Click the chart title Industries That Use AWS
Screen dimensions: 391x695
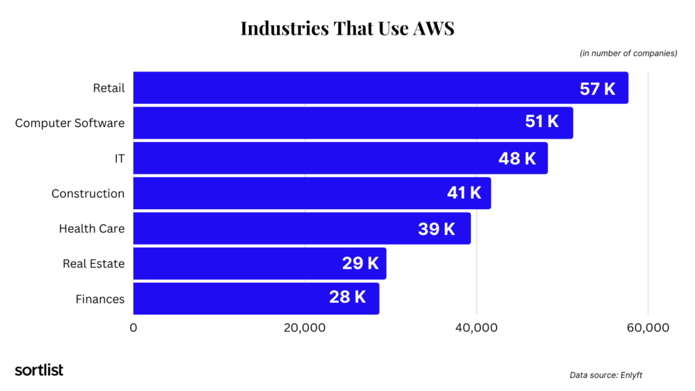[x=347, y=28]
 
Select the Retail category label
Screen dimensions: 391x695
[x=109, y=88]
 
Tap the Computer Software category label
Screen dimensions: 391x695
[x=70, y=123]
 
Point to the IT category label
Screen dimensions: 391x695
[x=119, y=158]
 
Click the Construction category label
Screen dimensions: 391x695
[x=88, y=193]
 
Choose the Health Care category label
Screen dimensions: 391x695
[x=92, y=229]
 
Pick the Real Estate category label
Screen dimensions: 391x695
[x=94, y=263]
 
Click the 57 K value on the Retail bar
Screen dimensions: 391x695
[x=597, y=88]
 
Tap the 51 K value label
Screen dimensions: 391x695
[x=542, y=122]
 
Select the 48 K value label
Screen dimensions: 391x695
[x=517, y=158]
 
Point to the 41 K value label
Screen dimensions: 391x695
[x=464, y=193]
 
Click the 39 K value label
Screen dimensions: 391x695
[x=436, y=229]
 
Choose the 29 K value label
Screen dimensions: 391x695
[x=360, y=263]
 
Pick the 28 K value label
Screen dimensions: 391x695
[x=347, y=297]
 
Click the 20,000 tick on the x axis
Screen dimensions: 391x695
[x=304, y=328]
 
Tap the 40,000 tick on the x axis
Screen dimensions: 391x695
[x=476, y=328]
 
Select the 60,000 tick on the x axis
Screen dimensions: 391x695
[x=647, y=328]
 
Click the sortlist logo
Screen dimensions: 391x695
[x=39, y=370]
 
